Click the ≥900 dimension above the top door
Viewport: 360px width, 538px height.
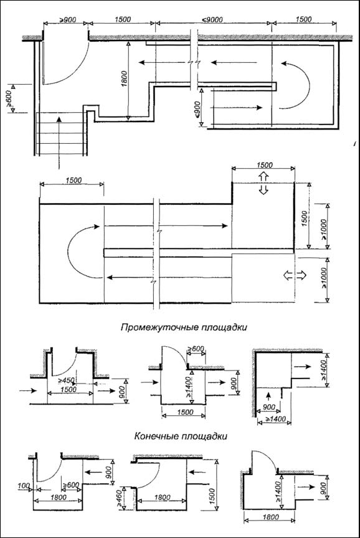tap(68, 19)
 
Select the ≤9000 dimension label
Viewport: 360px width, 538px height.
tap(212, 19)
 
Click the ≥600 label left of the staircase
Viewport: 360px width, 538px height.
tap(9, 98)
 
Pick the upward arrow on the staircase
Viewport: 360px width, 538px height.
tap(59, 143)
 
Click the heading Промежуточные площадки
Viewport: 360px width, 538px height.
tap(184, 327)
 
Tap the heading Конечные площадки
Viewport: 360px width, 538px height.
tap(181, 436)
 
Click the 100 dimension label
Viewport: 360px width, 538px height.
tap(24, 486)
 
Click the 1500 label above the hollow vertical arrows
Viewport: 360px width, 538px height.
tap(264, 165)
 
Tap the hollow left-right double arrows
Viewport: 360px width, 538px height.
tap(295, 275)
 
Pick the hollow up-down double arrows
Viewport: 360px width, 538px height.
tap(263, 183)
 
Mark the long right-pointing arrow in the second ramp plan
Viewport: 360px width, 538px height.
tap(166, 225)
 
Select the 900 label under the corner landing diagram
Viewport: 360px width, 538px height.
tap(268, 407)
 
